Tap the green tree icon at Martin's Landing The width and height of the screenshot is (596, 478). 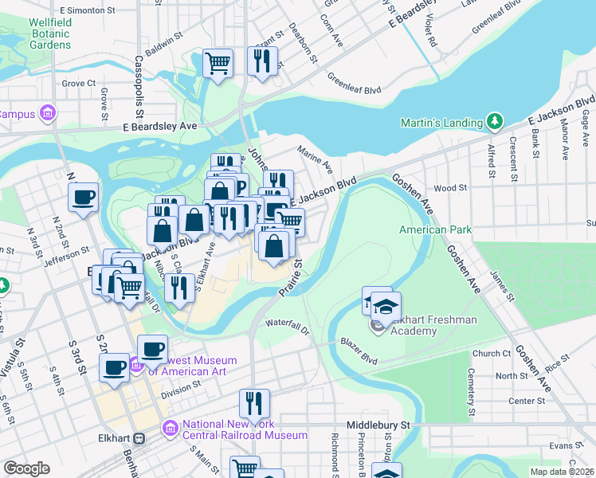pyautogui.click(x=496, y=121)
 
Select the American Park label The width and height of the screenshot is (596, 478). pyautogui.click(x=435, y=230)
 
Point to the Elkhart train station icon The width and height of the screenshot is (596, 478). pyautogui.click(x=139, y=438)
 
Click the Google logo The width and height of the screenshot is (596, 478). pyautogui.click(x=26, y=468)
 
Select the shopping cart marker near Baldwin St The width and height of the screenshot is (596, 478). pyautogui.click(x=218, y=63)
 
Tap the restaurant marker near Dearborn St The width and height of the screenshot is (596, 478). pyautogui.click(x=262, y=61)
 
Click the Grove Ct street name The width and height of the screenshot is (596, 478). pyautogui.click(x=79, y=83)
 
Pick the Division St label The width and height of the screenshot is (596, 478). pyautogui.click(x=181, y=390)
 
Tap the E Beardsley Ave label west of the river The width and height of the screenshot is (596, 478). pyautogui.click(x=159, y=126)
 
